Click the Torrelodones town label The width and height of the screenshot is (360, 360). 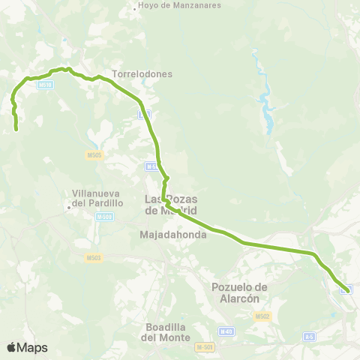click(142, 74)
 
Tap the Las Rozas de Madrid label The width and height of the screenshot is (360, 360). click(168, 204)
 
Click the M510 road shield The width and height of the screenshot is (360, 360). click(45, 85)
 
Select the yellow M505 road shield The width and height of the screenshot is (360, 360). click(94, 155)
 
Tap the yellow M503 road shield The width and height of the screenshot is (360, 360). click(93, 257)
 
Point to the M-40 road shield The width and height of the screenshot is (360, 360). click(226, 331)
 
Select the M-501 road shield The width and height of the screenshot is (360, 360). click(204, 347)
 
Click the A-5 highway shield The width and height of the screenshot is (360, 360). click(309, 337)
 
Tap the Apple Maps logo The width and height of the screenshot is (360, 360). click(27, 347)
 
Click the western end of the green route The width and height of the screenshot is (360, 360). click(16, 130)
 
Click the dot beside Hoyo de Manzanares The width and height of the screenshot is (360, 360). click(133, 10)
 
